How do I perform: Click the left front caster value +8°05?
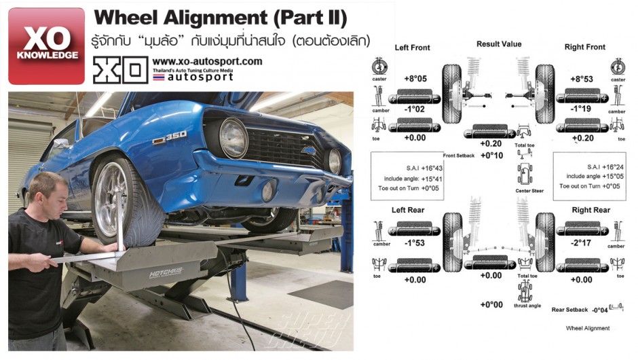pos(415,79)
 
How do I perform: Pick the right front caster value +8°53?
pos(582,79)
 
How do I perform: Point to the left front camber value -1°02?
pos(415,109)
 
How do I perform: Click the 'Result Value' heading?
pos(499,44)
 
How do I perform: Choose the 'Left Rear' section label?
pos(408,211)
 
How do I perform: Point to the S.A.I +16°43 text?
pos(412,166)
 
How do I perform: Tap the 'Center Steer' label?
pos(529,191)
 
